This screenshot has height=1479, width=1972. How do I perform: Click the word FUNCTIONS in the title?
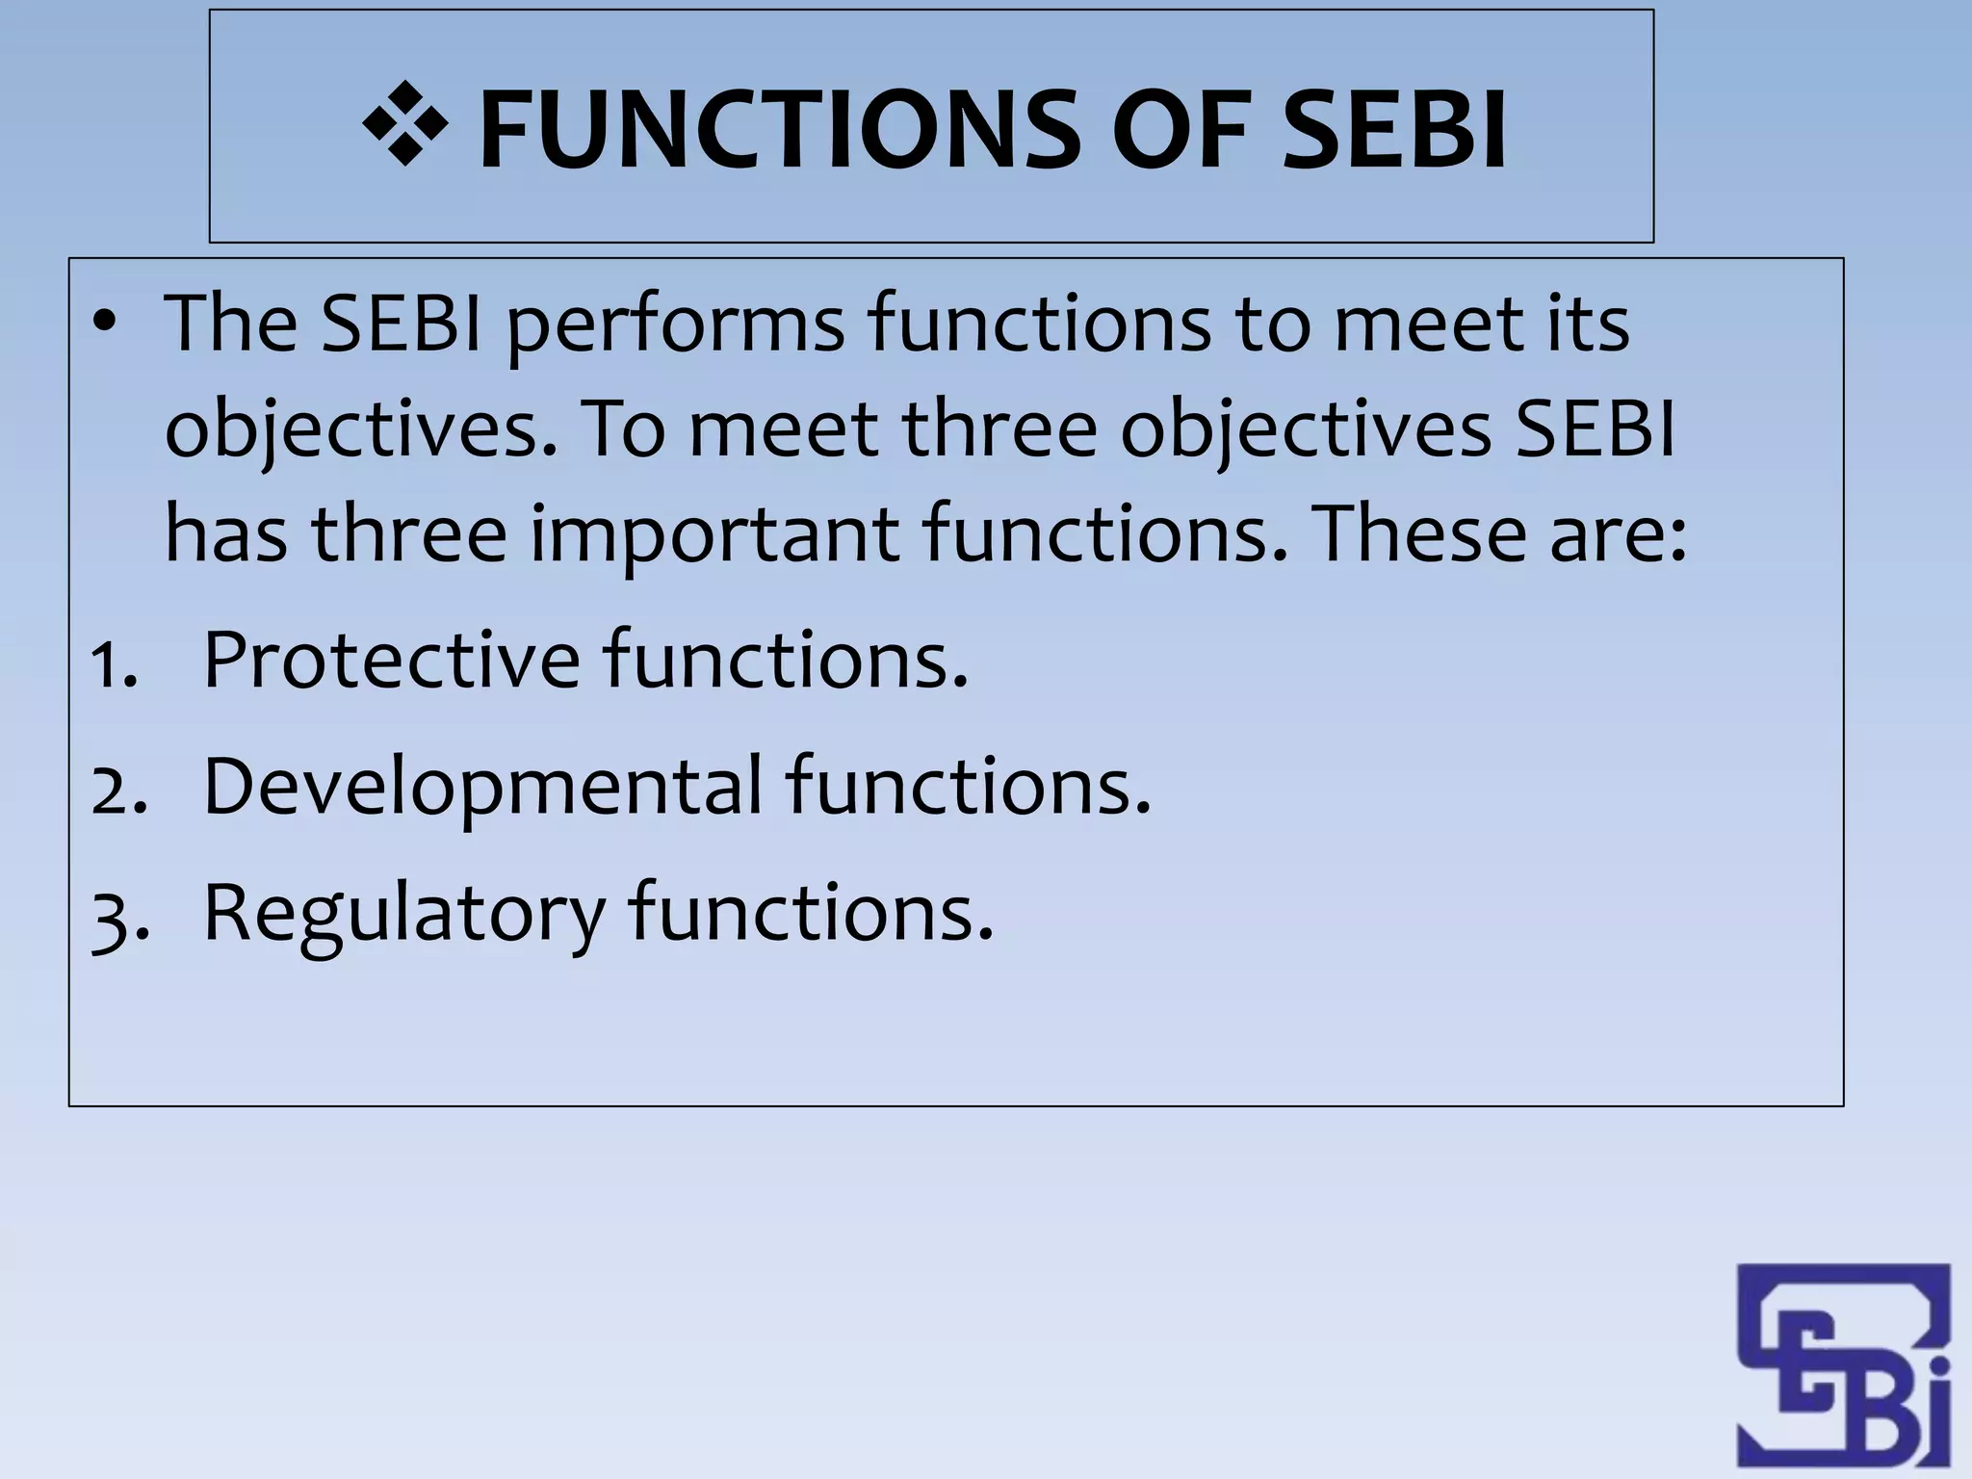coord(778,128)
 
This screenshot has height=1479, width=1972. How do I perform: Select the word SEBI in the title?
coord(1394,128)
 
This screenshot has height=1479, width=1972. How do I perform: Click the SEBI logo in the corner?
coord(1843,1367)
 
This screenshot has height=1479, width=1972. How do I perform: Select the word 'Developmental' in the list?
coord(482,787)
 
